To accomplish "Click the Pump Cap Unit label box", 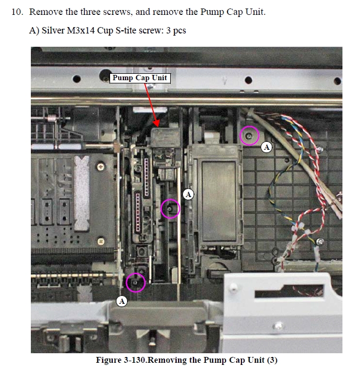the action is [140, 78].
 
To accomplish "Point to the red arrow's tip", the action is [157, 127].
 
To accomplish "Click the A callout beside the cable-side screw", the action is [266, 147].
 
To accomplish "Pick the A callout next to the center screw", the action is [188, 194].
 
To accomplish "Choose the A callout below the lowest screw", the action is [122, 301].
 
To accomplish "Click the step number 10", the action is [17, 12].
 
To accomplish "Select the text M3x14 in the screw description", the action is [81, 30].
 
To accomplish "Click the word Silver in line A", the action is [53, 30].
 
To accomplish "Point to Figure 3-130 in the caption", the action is [121, 360].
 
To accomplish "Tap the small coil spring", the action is [52, 118].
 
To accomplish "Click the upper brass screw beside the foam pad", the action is [101, 166].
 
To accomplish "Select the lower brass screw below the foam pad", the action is [101, 241].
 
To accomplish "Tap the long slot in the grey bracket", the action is [289, 291].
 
